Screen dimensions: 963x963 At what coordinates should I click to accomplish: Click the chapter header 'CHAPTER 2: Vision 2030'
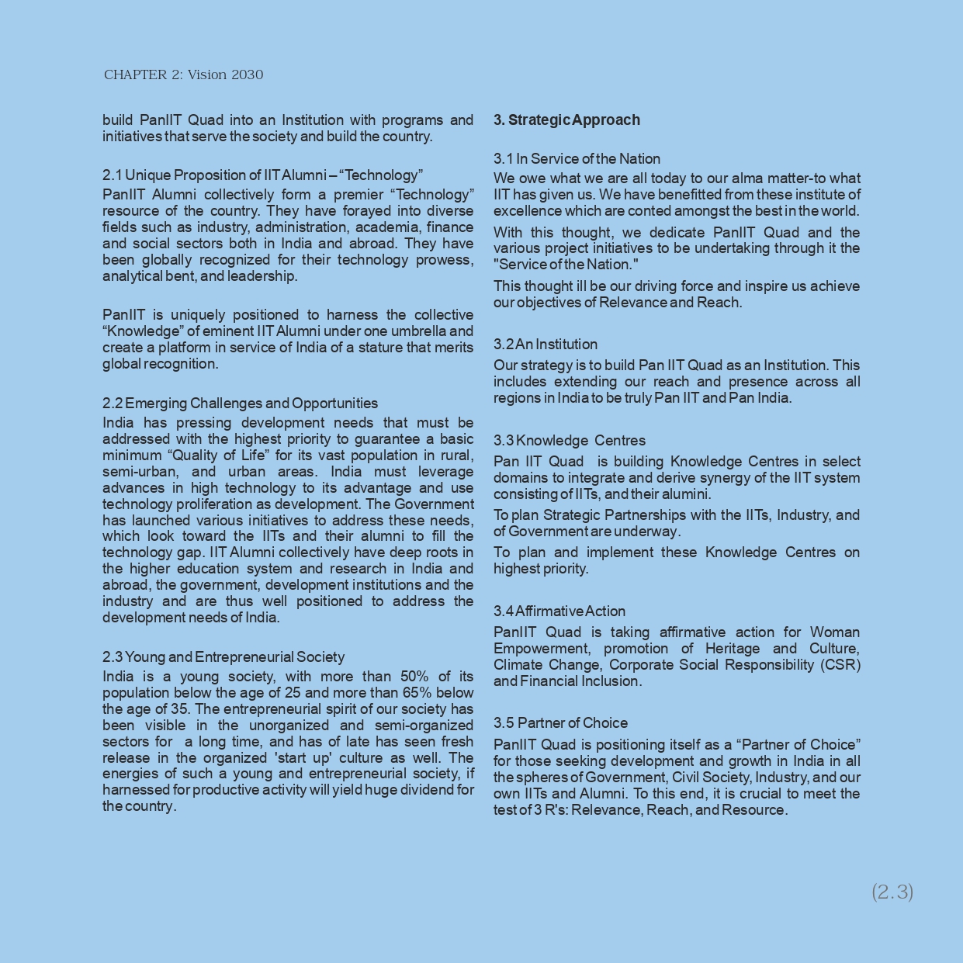click(x=183, y=74)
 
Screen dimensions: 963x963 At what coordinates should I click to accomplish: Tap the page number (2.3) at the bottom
click(x=892, y=892)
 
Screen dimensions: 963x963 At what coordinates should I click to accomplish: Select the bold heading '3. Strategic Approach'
click(x=566, y=120)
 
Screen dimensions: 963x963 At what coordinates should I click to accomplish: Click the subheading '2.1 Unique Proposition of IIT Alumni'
click(x=262, y=175)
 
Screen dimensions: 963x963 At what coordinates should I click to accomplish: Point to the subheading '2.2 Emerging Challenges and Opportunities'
click(x=240, y=403)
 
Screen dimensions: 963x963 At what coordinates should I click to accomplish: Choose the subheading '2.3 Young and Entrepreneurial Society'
click(x=223, y=656)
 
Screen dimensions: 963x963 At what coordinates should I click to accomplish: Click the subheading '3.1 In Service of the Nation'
click(x=577, y=158)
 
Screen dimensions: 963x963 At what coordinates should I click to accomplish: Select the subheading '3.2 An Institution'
click(x=545, y=344)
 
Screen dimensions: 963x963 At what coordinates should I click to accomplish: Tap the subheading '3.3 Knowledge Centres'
click(x=569, y=440)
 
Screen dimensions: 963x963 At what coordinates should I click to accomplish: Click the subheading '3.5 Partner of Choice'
click(x=560, y=722)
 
